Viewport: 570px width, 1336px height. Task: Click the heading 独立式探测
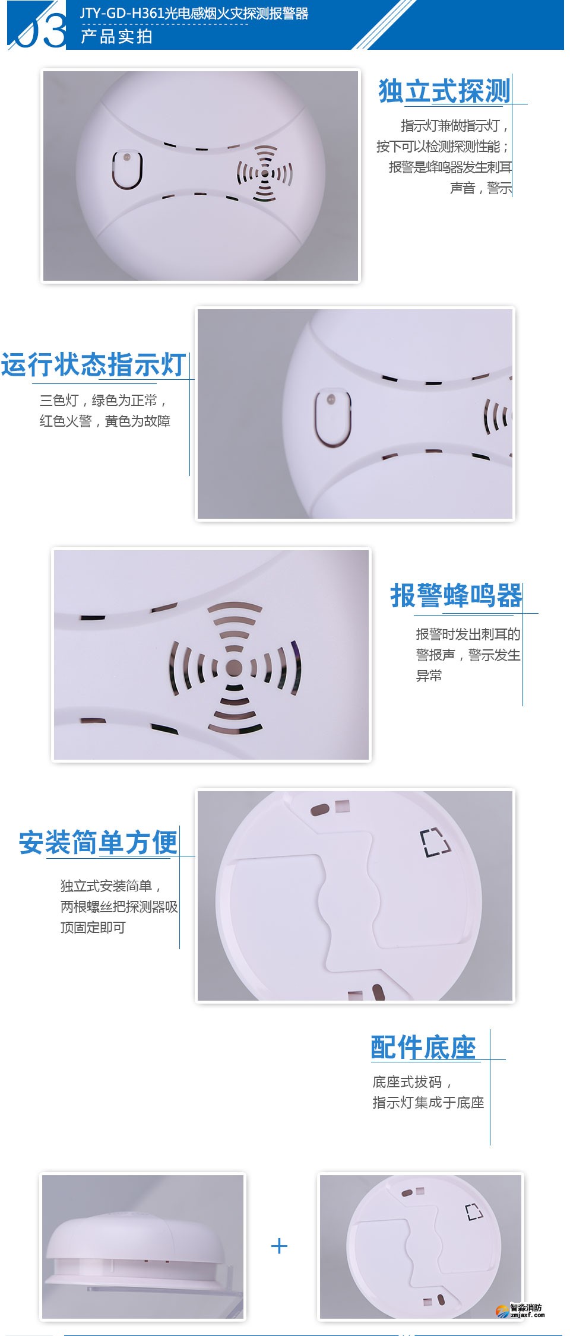pyautogui.click(x=444, y=91)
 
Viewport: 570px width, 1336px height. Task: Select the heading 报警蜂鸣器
pyautogui.click(x=456, y=595)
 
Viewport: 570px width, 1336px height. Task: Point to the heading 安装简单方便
pyautogui.click(x=98, y=842)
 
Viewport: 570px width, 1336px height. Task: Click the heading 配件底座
pyautogui.click(x=423, y=1047)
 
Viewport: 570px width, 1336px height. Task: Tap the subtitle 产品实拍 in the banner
pyautogui.click(x=116, y=37)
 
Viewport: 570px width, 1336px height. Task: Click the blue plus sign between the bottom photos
pyautogui.click(x=279, y=1246)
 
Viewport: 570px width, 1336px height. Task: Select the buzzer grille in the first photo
pyautogui.click(x=265, y=173)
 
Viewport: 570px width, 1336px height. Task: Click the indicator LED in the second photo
pyautogui.click(x=331, y=399)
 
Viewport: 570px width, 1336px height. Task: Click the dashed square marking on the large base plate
pyautogui.click(x=435, y=842)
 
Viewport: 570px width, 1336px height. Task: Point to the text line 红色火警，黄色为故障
pyautogui.click(x=105, y=421)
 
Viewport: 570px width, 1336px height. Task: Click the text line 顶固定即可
pyautogui.click(x=93, y=927)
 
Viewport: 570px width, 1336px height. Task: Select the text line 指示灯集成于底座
pyautogui.click(x=428, y=1102)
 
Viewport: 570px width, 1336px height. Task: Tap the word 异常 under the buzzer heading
pyautogui.click(x=429, y=675)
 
